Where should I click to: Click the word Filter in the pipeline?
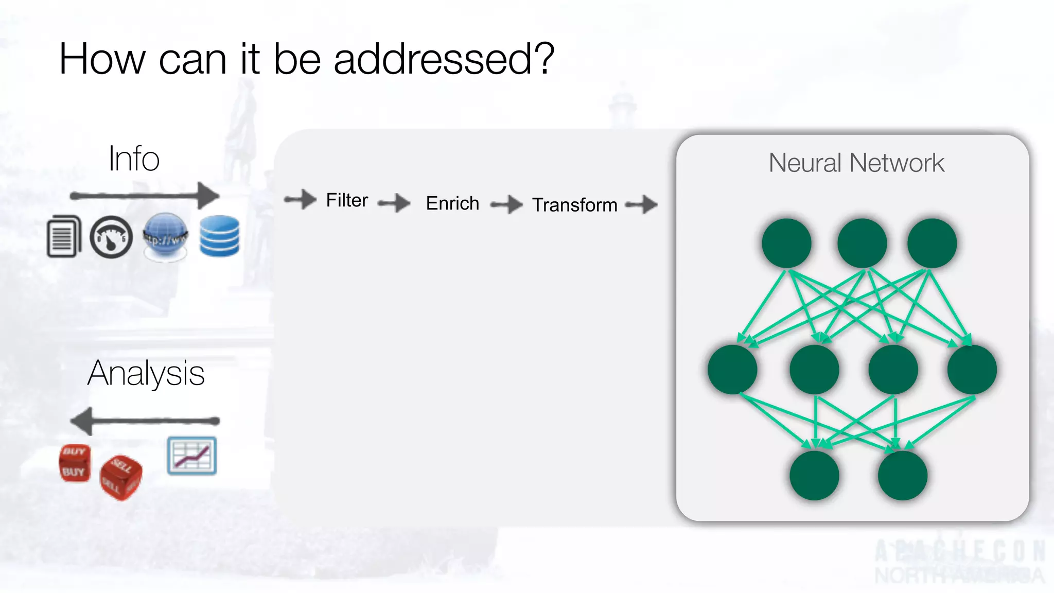pos(347,200)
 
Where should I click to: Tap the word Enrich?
pos(452,203)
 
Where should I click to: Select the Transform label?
pos(574,205)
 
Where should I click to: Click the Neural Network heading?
pos(856,163)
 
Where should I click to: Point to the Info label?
pos(134,159)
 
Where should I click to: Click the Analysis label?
pos(146,373)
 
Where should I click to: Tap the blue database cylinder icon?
pos(219,236)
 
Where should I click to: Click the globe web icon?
pos(165,237)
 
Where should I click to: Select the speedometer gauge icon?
pos(111,237)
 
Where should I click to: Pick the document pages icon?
pos(64,236)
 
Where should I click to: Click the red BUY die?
pos(75,463)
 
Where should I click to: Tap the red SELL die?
pos(120,477)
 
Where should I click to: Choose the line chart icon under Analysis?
pos(192,456)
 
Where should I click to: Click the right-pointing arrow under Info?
pos(145,196)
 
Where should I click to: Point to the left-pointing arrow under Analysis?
pos(145,421)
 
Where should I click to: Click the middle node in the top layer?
pos(862,243)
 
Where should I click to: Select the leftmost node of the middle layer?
pos(732,370)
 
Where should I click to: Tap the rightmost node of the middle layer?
pos(972,370)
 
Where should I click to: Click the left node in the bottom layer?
pos(814,475)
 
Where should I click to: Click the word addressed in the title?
pos(444,59)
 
